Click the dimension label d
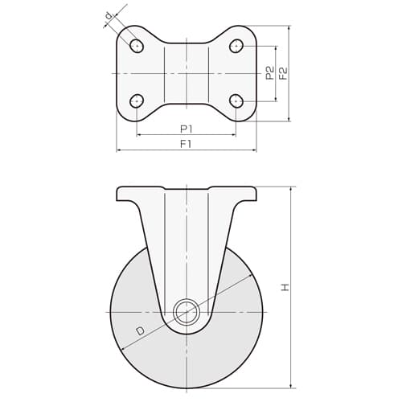[109, 16]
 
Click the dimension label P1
[187, 129]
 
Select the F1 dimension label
[186, 144]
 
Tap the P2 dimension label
[270, 73]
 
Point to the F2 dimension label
[283, 73]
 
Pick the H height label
[285, 287]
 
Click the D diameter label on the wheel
[140, 331]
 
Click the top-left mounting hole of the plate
[137, 46]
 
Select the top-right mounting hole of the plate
[236, 46]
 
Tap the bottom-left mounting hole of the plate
[137, 101]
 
